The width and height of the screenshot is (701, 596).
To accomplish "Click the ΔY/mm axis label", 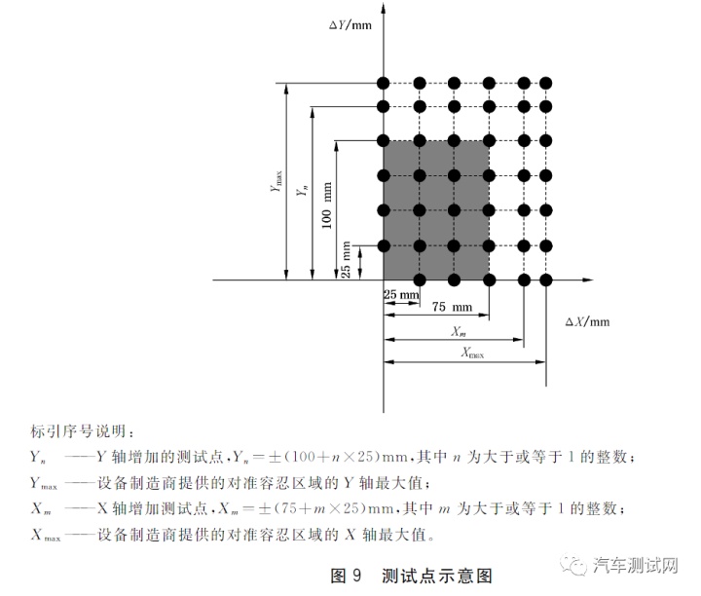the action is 350,24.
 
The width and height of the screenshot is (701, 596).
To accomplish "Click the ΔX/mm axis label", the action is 587,321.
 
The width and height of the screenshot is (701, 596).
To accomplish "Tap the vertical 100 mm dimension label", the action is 327,205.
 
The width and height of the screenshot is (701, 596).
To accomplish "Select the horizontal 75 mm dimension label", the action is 452,307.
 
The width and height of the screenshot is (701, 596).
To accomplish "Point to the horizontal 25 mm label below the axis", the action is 401,294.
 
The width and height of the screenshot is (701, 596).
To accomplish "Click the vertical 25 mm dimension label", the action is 346,260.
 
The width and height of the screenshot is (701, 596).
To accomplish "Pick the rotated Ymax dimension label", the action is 277,181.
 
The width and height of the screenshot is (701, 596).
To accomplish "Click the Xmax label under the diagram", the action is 472,353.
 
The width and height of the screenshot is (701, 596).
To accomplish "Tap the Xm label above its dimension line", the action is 459,331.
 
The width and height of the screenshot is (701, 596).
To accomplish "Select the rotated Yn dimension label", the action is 302,191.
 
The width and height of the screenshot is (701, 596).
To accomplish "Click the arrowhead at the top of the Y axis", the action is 384,8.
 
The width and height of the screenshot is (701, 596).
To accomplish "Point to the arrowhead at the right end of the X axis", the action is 588,279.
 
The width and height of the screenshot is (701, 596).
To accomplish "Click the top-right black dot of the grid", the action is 546,83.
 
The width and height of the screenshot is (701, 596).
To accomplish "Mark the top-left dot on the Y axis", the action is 384,83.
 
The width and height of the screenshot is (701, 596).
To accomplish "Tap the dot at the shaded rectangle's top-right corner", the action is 489,141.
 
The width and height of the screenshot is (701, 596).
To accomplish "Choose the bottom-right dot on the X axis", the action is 546,280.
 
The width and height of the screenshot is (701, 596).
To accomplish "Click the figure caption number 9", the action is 356,575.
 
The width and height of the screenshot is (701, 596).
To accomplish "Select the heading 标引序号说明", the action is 79,431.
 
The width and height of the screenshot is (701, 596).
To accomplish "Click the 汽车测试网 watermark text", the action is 635,566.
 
